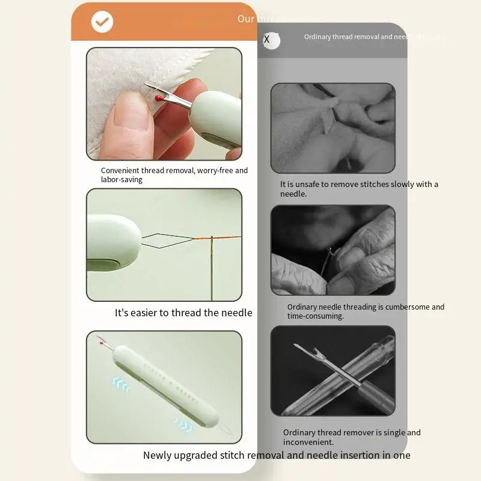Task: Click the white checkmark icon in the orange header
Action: pyautogui.click(x=102, y=22)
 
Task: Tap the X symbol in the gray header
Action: pyautogui.click(x=267, y=40)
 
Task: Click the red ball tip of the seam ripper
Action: pyautogui.click(x=158, y=97)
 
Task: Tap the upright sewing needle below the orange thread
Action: pyautogui.click(x=212, y=271)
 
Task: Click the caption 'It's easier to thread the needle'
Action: pyautogui.click(x=183, y=313)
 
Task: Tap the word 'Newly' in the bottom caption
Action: pyautogui.click(x=158, y=455)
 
